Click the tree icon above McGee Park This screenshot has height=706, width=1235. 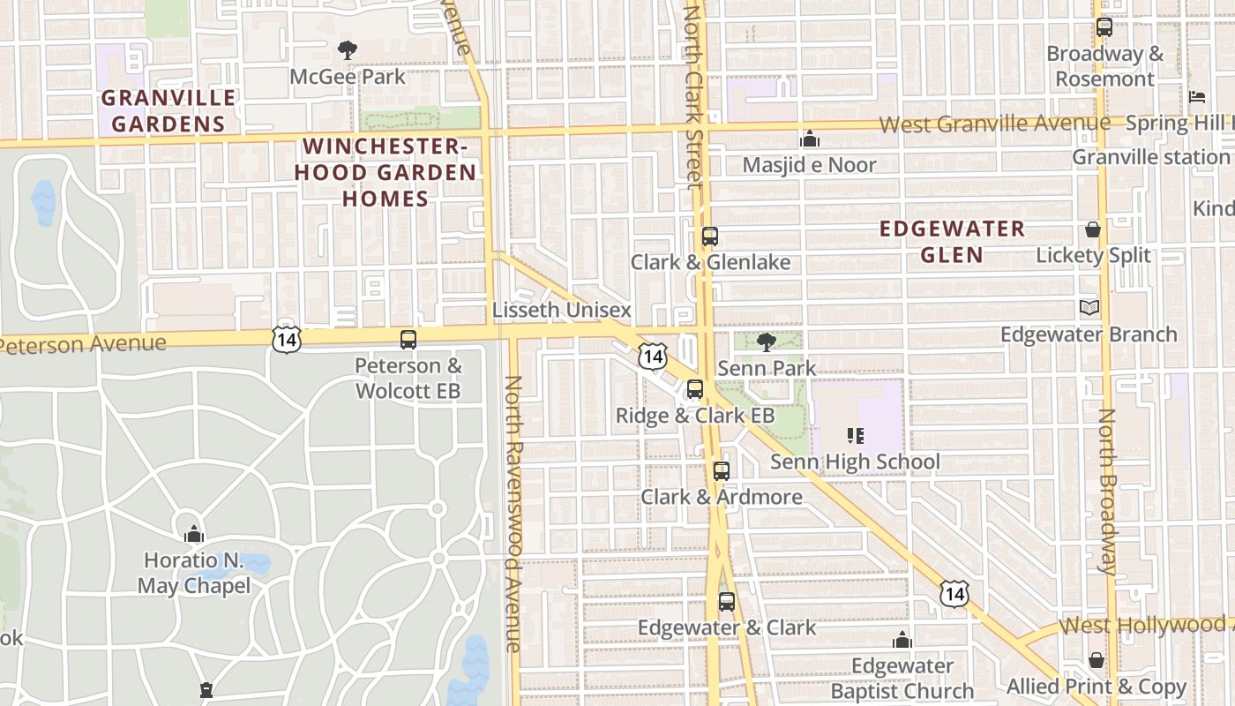coord(348,50)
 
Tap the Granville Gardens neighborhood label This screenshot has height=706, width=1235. coord(168,110)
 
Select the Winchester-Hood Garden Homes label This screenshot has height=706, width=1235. coord(385,172)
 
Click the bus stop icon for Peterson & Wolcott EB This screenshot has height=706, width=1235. coord(408,339)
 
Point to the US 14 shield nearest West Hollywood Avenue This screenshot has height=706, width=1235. coord(953,594)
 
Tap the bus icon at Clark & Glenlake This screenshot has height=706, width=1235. coord(709,237)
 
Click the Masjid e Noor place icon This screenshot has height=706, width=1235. coord(809,139)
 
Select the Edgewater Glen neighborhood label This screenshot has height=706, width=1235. coord(953,242)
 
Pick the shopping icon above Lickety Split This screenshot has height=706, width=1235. coord(1093,230)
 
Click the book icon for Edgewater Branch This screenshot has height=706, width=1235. coord(1089,308)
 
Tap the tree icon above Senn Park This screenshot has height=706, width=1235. coord(767,342)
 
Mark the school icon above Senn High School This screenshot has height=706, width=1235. coord(854,435)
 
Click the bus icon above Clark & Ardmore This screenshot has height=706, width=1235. coord(722,470)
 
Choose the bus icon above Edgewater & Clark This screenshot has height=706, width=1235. coord(726,602)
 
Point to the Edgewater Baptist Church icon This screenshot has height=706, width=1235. coord(902,640)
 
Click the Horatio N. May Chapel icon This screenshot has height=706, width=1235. coord(193,534)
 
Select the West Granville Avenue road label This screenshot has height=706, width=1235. coord(994,124)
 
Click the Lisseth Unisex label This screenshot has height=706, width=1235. coord(562,310)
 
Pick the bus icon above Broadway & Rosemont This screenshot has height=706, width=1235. coord(1104,27)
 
